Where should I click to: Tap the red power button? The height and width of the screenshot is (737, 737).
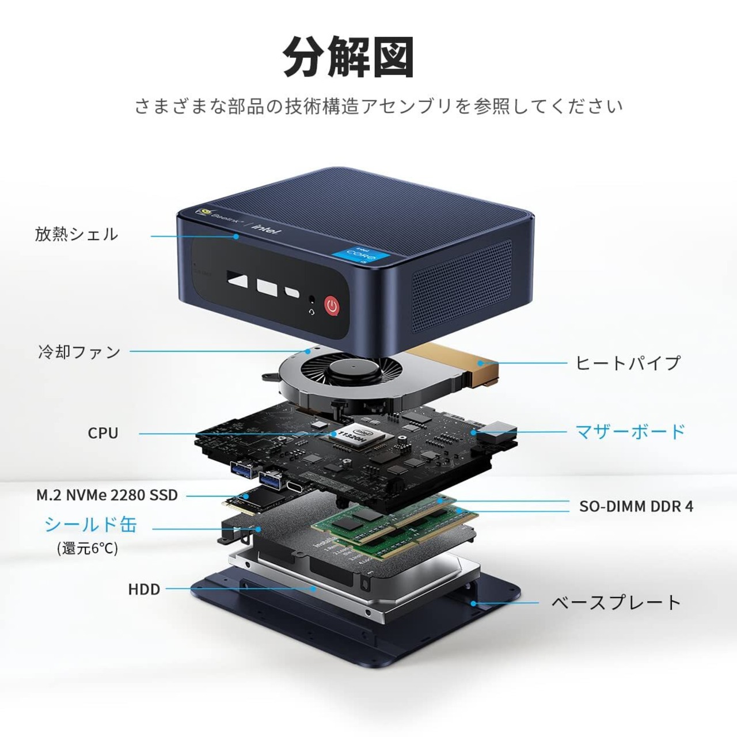(x=332, y=305)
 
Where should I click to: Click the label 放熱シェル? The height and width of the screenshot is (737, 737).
(x=76, y=234)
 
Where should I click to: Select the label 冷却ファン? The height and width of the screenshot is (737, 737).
(x=79, y=351)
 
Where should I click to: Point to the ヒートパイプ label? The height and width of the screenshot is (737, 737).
(x=628, y=363)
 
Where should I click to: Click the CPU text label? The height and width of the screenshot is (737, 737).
(x=103, y=433)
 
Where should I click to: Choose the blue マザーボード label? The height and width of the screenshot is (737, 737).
(x=630, y=431)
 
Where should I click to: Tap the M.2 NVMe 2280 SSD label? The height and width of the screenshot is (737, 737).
(x=107, y=495)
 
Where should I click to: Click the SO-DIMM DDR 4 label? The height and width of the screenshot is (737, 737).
(x=636, y=506)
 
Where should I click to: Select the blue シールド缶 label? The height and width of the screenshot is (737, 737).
(x=91, y=525)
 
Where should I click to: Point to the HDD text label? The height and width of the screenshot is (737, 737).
(x=144, y=589)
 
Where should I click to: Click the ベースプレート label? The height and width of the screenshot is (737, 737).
(x=616, y=603)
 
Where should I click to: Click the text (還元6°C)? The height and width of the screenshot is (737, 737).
(x=88, y=548)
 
